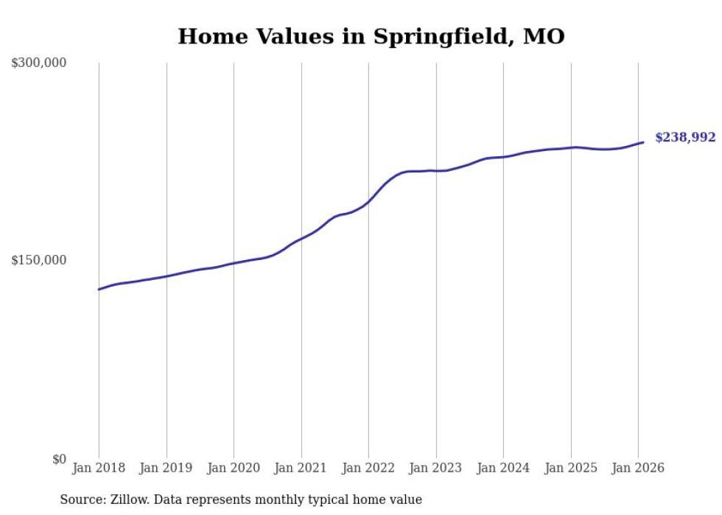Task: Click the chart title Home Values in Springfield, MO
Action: (x=371, y=36)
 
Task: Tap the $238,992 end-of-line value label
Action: (x=684, y=138)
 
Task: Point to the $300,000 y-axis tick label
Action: (x=38, y=63)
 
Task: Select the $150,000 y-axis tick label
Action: (x=38, y=260)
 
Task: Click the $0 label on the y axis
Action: (x=59, y=459)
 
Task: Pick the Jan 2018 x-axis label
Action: (x=99, y=468)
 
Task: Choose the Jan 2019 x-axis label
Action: (x=167, y=468)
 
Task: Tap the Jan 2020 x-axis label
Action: (x=234, y=468)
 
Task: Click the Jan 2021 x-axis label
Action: (x=301, y=468)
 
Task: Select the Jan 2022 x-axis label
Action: (x=368, y=468)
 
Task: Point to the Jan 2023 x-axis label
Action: (x=436, y=468)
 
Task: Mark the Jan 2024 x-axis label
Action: (x=503, y=468)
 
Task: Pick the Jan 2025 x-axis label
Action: (x=571, y=468)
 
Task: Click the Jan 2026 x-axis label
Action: (x=638, y=468)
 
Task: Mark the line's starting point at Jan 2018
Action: (x=99, y=290)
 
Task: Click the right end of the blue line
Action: (x=643, y=142)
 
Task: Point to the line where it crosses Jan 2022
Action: (x=368, y=200)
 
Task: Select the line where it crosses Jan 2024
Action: (x=503, y=157)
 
